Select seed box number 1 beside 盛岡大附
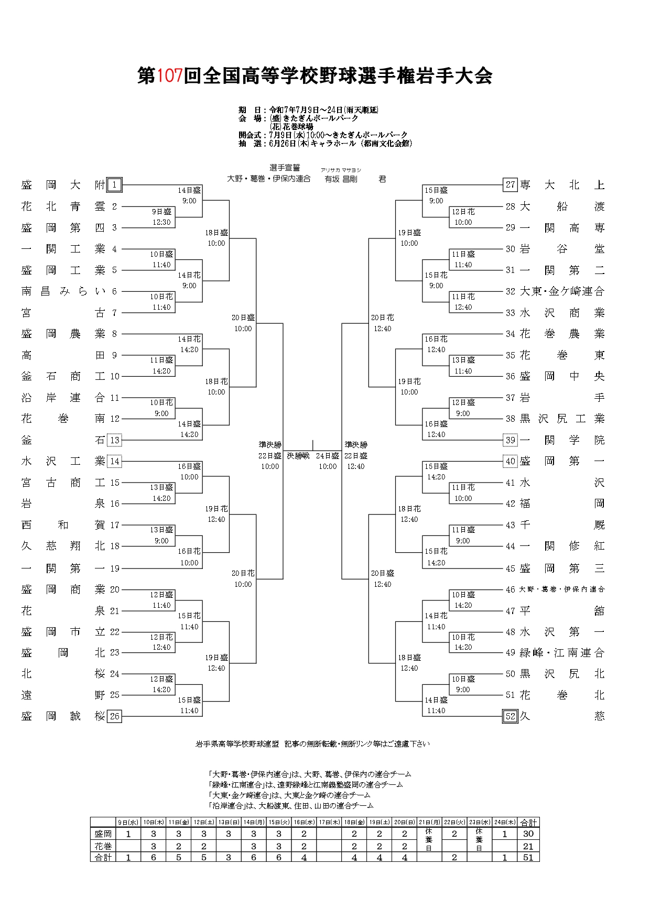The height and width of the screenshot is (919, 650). click(x=114, y=185)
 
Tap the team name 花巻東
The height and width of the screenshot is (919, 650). click(x=562, y=355)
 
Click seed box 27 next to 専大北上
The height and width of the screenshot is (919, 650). click(x=510, y=185)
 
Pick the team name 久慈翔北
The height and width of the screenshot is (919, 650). click(x=63, y=546)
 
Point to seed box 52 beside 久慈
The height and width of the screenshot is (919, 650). click(x=510, y=716)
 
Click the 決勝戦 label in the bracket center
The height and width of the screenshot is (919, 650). click(x=298, y=456)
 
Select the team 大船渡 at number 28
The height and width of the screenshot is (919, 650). click(x=562, y=206)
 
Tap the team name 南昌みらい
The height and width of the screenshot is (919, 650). click(x=63, y=291)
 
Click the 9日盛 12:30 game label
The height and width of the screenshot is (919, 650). click(x=161, y=217)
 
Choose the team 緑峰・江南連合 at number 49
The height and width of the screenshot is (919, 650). click(x=562, y=653)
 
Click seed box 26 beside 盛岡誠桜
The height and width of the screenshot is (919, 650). click(x=114, y=716)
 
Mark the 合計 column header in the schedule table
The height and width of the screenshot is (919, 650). click(x=528, y=823)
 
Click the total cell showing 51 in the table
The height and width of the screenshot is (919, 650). click(x=528, y=858)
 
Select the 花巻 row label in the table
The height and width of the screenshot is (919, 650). click(x=103, y=846)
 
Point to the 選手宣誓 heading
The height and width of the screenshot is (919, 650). click(x=285, y=168)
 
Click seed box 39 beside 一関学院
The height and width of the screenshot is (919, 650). click(x=510, y=440)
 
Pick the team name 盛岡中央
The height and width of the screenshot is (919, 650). click(x=562, y=376)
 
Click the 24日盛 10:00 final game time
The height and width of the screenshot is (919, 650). click(x=328, y=461)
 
